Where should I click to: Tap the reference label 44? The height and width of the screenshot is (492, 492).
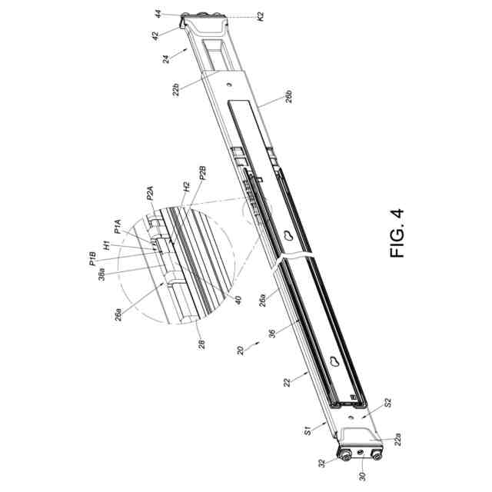pos(158,14)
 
